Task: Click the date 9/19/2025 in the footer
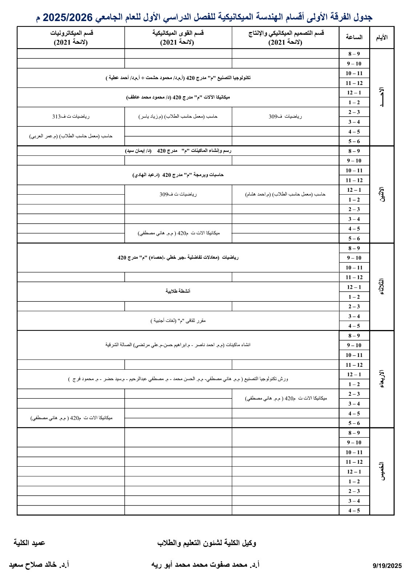[x=387, y=566]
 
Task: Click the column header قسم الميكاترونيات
[x=71, y=37]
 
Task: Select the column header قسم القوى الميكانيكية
[x=178, y=37]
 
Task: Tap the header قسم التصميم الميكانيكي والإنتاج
[x=286, y=37]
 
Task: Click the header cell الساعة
[x=354, y=37]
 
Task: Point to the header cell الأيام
[x=382, y=37]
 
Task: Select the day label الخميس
[x=382, y=471]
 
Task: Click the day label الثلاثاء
[x=382, y=287]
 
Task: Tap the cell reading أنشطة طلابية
[x=178, y=291]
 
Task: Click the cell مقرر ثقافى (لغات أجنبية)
[x=178, y=321]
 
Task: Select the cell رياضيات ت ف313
[x=71, y=117]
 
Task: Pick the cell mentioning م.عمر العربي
[x=71, y=136]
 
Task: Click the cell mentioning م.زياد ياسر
[x=178, y=117]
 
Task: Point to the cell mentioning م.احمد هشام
[x=286, y=194]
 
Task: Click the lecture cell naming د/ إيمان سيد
[x=178, y=151]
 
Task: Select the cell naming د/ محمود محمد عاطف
[x=178, y=97]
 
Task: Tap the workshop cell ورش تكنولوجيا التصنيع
[x=178, y=379]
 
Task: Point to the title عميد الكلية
[x=29, y=543]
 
